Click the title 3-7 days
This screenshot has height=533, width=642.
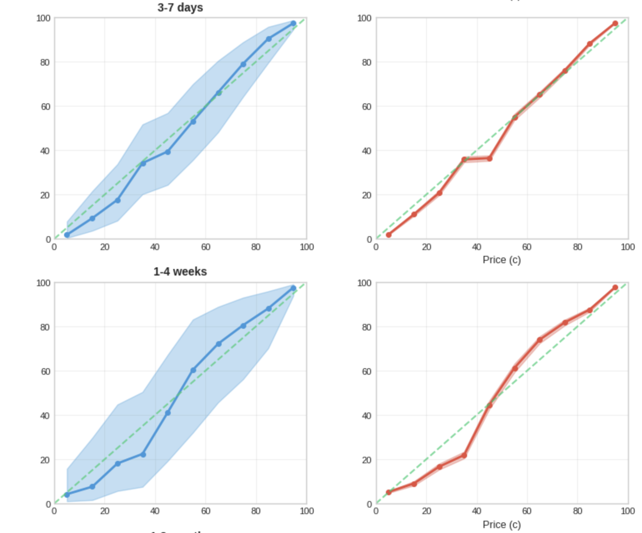coord(180,7)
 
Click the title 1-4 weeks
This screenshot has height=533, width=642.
coord(180,271)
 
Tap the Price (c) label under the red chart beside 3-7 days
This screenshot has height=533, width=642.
coord(502,260)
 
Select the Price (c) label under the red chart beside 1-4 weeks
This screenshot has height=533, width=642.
coord(502,525)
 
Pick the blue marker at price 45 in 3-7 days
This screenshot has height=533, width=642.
coord(168,152)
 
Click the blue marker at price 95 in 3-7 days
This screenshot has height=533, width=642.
coord(293,23)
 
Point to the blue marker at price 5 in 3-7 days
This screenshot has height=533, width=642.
coord(67,235)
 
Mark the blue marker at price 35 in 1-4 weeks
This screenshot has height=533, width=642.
coord(143,454)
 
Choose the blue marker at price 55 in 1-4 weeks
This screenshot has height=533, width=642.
coord(193,370)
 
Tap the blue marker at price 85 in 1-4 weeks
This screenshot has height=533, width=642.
coord(269,308)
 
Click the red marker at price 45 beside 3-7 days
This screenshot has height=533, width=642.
coord(490,158)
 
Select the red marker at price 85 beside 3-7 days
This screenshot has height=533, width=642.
coord(590,44)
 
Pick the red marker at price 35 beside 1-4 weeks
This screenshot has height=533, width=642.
coord(464,455)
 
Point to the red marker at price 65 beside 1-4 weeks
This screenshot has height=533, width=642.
coord(540,340)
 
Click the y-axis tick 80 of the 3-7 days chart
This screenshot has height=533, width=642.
coord(45,62)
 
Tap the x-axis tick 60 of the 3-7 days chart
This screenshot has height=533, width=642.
coord(206,247)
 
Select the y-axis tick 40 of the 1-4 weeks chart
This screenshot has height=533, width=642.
coord(45,416)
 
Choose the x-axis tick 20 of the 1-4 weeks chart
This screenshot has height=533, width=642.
coord(105,511)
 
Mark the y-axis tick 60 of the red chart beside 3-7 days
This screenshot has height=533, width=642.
coord(367,107)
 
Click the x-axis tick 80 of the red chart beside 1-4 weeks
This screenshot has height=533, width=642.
coord(578,511)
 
